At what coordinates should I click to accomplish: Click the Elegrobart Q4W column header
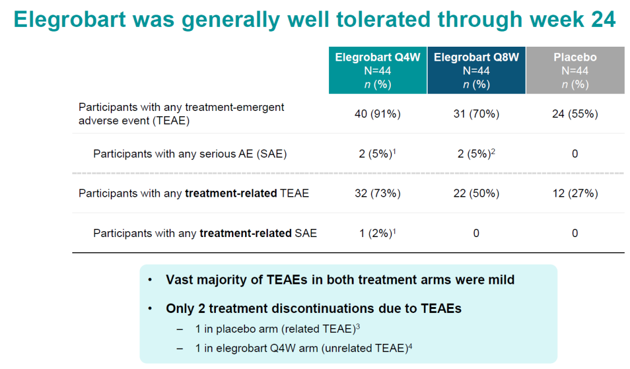point(377,70)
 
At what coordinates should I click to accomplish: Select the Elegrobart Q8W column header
point(476,70)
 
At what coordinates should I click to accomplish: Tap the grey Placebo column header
point(575,70)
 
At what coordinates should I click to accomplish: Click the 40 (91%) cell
point(377,114)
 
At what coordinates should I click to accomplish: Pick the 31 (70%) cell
point(476,114)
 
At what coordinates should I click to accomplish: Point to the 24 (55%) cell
point(575,114)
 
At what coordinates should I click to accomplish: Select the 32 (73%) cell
point(377,193)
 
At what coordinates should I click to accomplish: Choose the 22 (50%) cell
point(476,193)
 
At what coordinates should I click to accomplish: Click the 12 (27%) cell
point(575,193)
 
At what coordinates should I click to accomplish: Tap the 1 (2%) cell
point(376,234)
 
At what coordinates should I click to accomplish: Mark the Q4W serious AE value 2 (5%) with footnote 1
point(376,154)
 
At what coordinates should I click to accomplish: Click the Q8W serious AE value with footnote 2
point(476,154)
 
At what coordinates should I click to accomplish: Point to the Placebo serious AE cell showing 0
point(575,154)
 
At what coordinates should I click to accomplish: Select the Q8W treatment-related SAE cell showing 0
point(476,234)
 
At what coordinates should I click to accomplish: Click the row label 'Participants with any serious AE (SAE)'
point(190,154)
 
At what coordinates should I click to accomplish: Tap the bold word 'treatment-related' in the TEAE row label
point(230,193)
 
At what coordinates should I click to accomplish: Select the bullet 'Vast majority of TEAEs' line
point(340,280)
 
